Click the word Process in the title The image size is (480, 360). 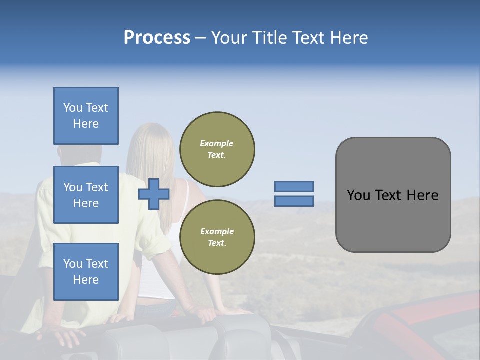click(x=157, y=38)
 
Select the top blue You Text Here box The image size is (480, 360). click(x=86, y=116)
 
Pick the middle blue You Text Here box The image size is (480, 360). click(x=86, y=195)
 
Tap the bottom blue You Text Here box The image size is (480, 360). click(x=86, y=271)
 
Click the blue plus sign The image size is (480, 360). click(x=154, y=194)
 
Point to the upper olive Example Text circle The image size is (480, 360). click(x=217, y=149)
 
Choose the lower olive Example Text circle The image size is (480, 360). click(x=217, y=237)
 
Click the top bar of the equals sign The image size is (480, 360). click(x=294, y=186)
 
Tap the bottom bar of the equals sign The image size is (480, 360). click(x=294, y=201)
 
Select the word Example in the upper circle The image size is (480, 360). click(x=216, y=143)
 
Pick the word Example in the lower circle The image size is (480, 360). click(x=216, y=231)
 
